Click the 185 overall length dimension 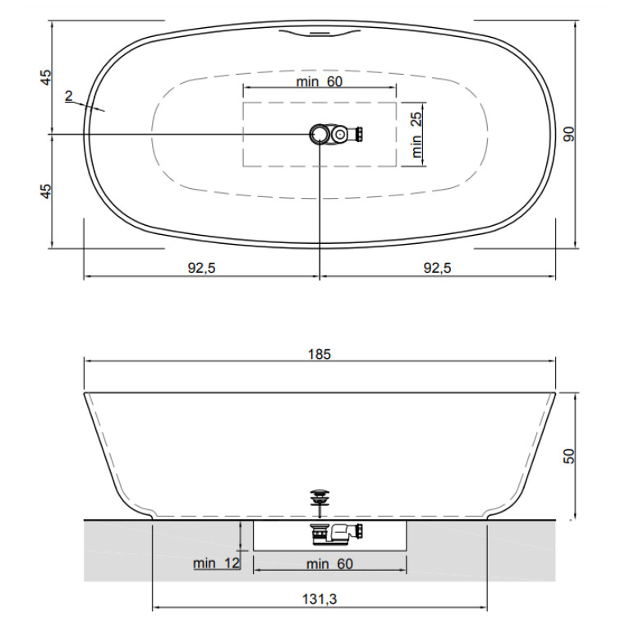point(320,354)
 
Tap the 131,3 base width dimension point(320,599)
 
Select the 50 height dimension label point(569,456)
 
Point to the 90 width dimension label point(569,134)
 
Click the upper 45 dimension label point(46,77)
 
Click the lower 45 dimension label point(46,191)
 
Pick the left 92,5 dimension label point(202,268)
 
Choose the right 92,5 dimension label point(438,268)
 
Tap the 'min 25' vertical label point(416,135)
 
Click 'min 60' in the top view point(320,81)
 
